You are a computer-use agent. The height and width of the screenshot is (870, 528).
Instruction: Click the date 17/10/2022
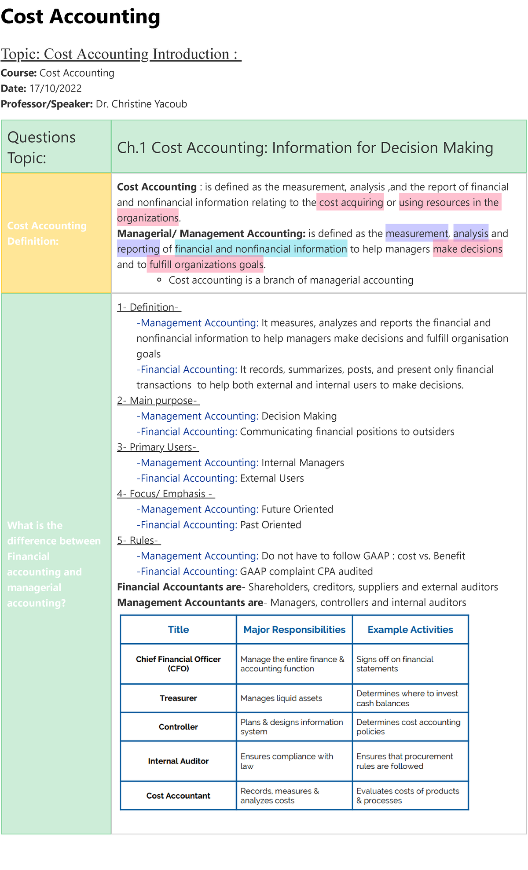55,88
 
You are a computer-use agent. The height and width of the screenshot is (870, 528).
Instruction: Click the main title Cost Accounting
81,17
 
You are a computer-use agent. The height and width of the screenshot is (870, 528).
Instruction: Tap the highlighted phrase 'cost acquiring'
351,203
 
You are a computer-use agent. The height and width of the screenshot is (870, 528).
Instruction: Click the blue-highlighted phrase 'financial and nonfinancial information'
260,249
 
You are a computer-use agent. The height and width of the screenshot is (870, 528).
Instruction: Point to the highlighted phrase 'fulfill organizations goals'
206,265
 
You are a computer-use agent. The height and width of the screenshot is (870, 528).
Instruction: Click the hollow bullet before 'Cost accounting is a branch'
159,280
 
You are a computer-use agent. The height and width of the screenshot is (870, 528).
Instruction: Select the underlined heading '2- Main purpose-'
158,401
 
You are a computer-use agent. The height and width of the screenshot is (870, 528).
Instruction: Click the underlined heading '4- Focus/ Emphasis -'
165,494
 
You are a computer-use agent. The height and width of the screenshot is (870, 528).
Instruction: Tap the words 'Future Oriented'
297,509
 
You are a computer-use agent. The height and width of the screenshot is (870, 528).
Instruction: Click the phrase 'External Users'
271,478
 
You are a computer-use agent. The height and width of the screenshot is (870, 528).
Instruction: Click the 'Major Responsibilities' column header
294,630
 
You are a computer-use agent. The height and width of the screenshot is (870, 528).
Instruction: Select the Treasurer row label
178,698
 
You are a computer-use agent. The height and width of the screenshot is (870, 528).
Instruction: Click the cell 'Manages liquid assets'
281,698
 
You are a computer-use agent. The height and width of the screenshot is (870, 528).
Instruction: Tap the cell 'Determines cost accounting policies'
408,727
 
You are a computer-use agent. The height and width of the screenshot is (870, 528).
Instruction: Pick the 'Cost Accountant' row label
178,796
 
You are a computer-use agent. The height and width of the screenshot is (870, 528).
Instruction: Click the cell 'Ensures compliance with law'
286,761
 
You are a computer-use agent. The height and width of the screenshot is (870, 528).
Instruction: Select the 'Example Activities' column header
410,630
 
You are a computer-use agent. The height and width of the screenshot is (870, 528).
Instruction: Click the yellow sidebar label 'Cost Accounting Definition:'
47,233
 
